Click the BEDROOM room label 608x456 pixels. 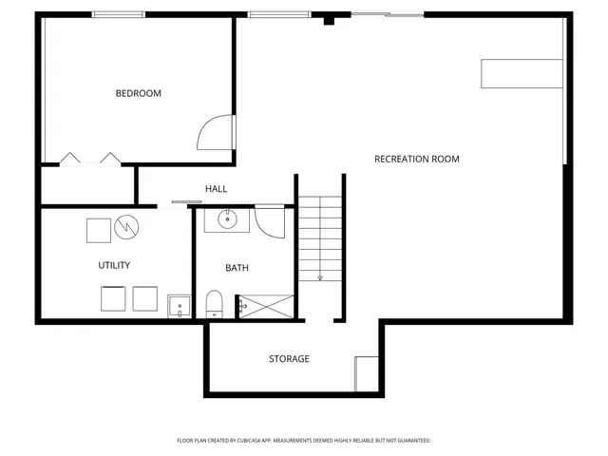(x=138, y=93)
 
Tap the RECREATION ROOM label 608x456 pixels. (x=416, y=159)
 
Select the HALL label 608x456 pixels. (x=216, y=189)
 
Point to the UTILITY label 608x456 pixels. (x=114, y=265)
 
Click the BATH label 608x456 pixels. (x=237, y=268)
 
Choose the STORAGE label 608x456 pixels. (x=289, y=359)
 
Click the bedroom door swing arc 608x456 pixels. (x=215, y=133)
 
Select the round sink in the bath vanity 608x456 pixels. (x=228, y=220)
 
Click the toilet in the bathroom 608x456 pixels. (x=214, y=305)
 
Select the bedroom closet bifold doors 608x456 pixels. (x=89, y=159)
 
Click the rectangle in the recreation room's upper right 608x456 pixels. (x=522, y=73)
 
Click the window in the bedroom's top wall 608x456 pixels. (x=119, y=14)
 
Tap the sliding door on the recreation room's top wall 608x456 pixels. (x=388, y=14)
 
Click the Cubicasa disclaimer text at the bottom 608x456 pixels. (x=304, y=440)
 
